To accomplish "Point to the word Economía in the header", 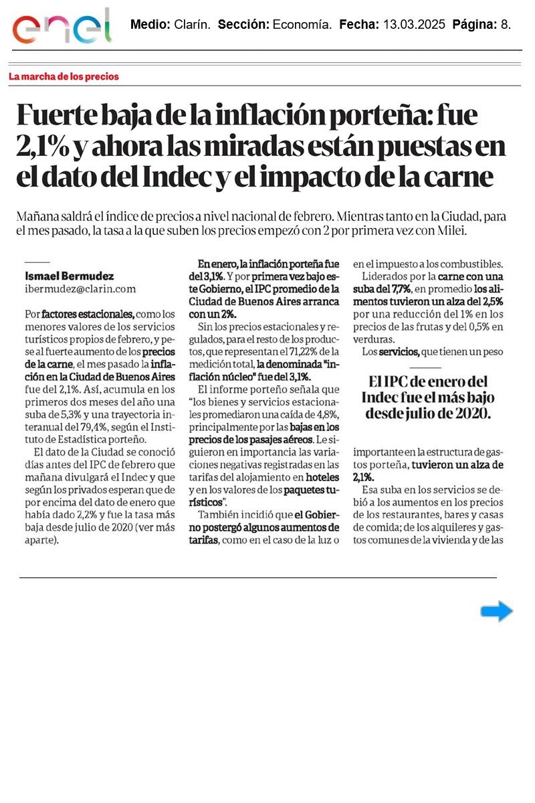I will pyautogui.click(x=301, y=25).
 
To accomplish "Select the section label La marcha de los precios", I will pyautogui.click(x=64, y=76).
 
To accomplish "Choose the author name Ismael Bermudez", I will pyautogui.click(x=69, y=276).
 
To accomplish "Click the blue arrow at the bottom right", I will pyautogui.click(x=496, y=611).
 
